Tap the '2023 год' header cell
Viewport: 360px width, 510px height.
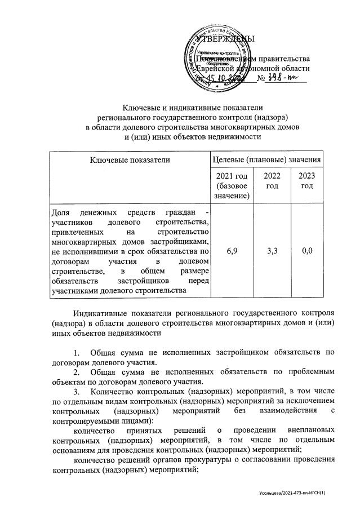pos(306,181)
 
